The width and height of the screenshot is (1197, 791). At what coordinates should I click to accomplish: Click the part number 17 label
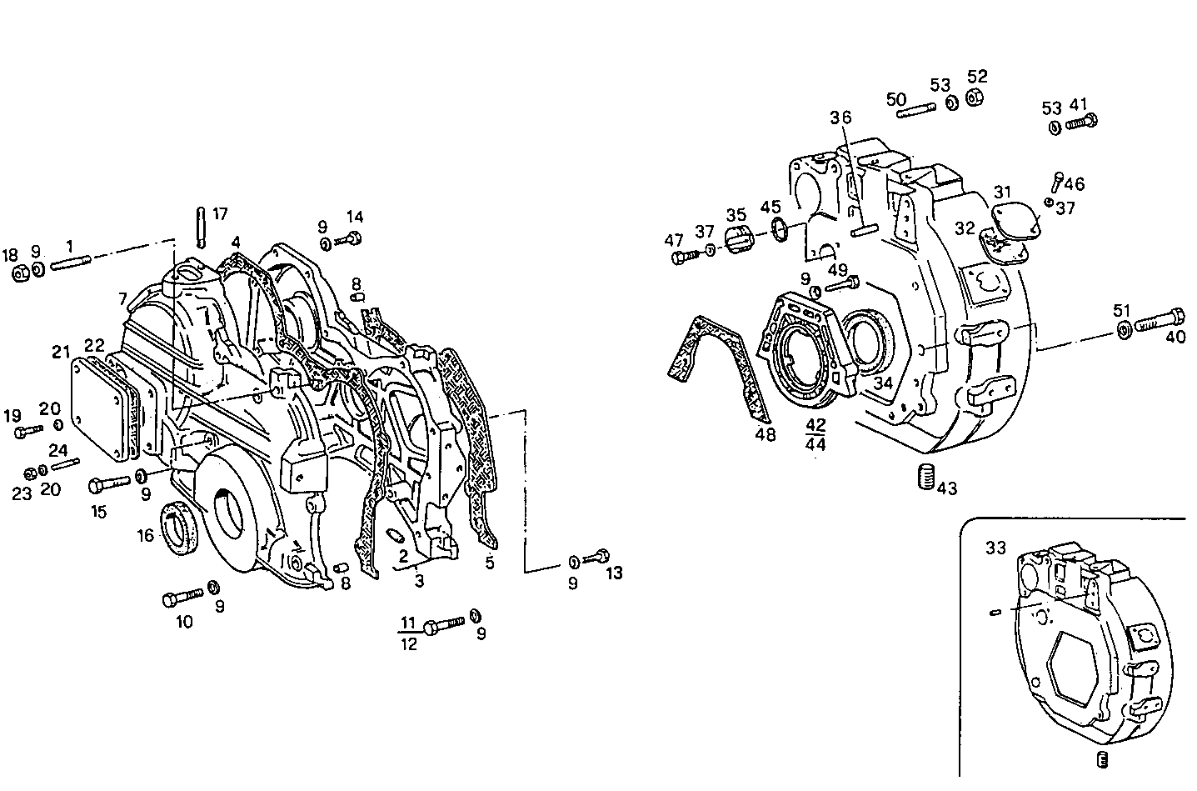point(220,214)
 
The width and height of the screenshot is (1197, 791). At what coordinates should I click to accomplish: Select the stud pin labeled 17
point(201,227)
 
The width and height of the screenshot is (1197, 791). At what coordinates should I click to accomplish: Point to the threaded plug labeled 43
point(925,479)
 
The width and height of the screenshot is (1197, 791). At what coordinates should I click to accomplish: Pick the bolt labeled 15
point(106,483)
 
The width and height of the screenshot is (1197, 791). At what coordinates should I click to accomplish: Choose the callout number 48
point(765,434)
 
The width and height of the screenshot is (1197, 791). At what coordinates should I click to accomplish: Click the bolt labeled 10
point(183,597)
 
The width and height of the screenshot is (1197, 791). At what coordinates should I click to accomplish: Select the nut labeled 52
point(974,98)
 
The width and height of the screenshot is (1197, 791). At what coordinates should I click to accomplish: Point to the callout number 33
point(995,548)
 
